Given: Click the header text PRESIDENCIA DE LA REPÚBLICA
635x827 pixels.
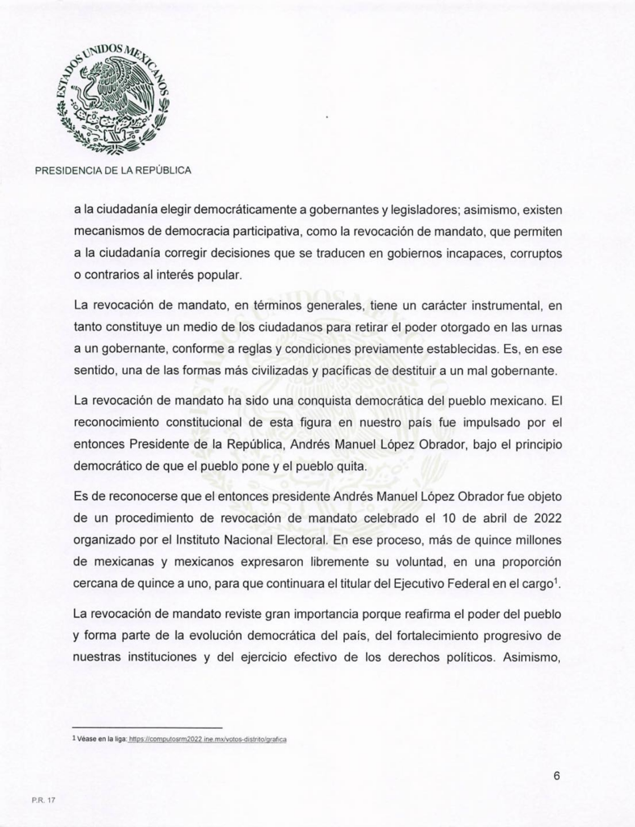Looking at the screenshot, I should [112, 170].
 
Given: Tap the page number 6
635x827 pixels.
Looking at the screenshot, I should [557, 775].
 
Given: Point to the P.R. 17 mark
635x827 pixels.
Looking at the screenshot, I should [44, 800].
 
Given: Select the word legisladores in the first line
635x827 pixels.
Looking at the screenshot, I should [416, 210].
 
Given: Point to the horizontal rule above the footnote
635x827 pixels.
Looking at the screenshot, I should [147, 728].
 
